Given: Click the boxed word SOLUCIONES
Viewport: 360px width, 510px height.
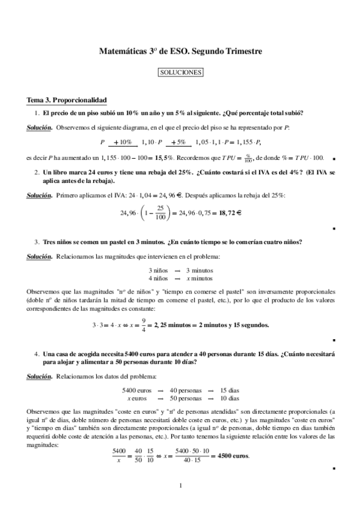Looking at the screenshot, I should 180,73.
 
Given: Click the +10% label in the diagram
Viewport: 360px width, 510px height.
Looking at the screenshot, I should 123,143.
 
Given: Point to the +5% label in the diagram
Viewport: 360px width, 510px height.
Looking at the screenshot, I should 177,143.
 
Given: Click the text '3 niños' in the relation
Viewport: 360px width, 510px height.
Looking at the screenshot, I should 158,271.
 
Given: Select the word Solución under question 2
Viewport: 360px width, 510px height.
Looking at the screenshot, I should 40,195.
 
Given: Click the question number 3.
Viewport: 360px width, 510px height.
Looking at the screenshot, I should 37,242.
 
